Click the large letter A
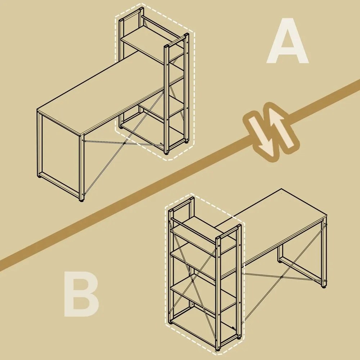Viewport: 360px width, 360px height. point(287,41)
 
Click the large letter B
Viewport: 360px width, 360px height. point(81,294)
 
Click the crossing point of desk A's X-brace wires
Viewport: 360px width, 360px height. point(124,144)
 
